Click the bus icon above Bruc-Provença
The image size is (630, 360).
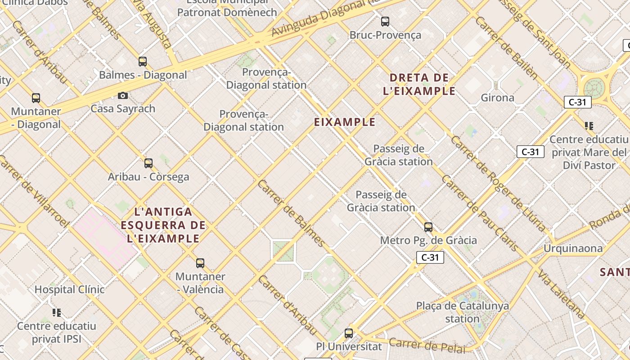[x=385, y=21]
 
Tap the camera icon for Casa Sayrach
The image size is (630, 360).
[x=123, y=95]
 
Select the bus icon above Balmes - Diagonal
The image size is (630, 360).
[x=143, y=62]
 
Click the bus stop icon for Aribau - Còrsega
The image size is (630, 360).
[x=148, y=163]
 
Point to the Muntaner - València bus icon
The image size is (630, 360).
[x=200, y=263]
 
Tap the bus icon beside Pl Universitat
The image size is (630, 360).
[x=349, y=333]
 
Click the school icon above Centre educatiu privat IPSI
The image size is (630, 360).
[x=57, y=312]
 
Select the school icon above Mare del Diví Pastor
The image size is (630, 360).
[x=589, y=126]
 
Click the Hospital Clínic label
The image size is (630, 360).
[x=69, y=289]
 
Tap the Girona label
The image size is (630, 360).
[x=497, y=98]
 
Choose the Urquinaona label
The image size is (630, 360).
[x=573, y=248]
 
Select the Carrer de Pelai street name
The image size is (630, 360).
[x=427, y=345]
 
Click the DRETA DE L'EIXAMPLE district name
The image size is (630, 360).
[x=419, y=84]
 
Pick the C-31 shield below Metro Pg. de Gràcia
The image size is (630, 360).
[x=430, y=257]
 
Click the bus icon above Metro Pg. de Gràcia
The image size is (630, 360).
[x=428, y=227]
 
